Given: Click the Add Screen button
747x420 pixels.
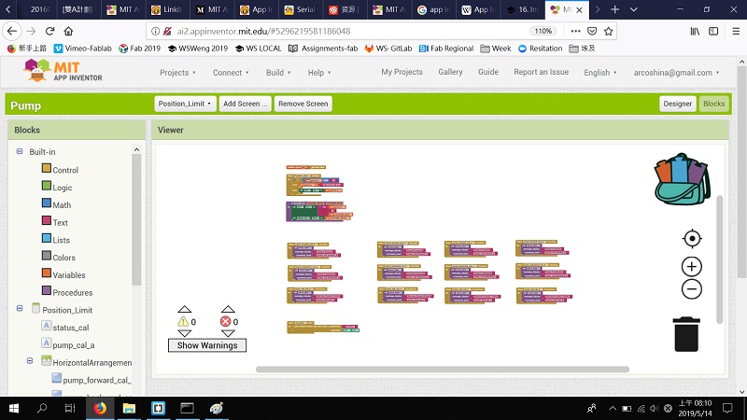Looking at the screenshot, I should [x=246, y=104].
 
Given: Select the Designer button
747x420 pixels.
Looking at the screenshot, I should [x=677, y=104].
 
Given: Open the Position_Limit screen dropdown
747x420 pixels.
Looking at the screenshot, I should [x=185, y=104].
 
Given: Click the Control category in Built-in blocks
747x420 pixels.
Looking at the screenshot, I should [x=65, y=170].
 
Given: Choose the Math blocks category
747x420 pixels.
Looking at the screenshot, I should [x=62, y=205].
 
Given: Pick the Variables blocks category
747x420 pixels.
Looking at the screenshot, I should [x=68, y=275].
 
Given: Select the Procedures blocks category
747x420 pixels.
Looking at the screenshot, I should [x=72, y=293].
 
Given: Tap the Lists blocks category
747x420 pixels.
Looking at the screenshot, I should [x=62, y=241].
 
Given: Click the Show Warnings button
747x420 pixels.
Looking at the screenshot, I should [x=207, y=345].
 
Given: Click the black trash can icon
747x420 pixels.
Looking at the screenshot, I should [x=686, y=333].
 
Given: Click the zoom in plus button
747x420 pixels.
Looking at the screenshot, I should [x=692, y=267].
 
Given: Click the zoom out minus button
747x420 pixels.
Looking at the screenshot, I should [x=692, y=289].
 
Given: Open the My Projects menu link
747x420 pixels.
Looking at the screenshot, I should [x=402, y=72].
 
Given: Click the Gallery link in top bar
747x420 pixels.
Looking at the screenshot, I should [x=450, y=72].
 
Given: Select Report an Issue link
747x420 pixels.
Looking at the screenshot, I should [x=541, y=72].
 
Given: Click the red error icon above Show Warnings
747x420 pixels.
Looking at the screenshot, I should [x=225, y=322].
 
